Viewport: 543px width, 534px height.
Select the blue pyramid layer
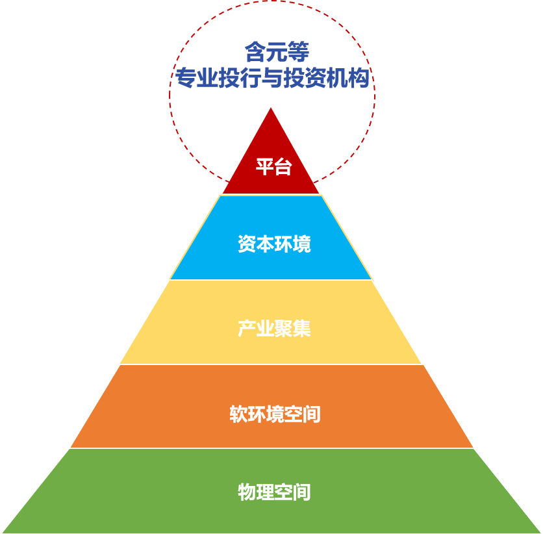[x=208, y=260]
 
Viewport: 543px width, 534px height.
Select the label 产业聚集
[x=274, y=329]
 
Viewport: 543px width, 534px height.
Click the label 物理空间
[x=274, y=492]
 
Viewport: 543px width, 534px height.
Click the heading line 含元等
[x=272, y=51]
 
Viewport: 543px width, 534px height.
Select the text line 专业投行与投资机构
[x=272, y=79]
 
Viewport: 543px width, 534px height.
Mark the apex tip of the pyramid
[x=271, y=108]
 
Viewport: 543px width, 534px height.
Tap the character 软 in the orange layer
[x=238, y=414]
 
